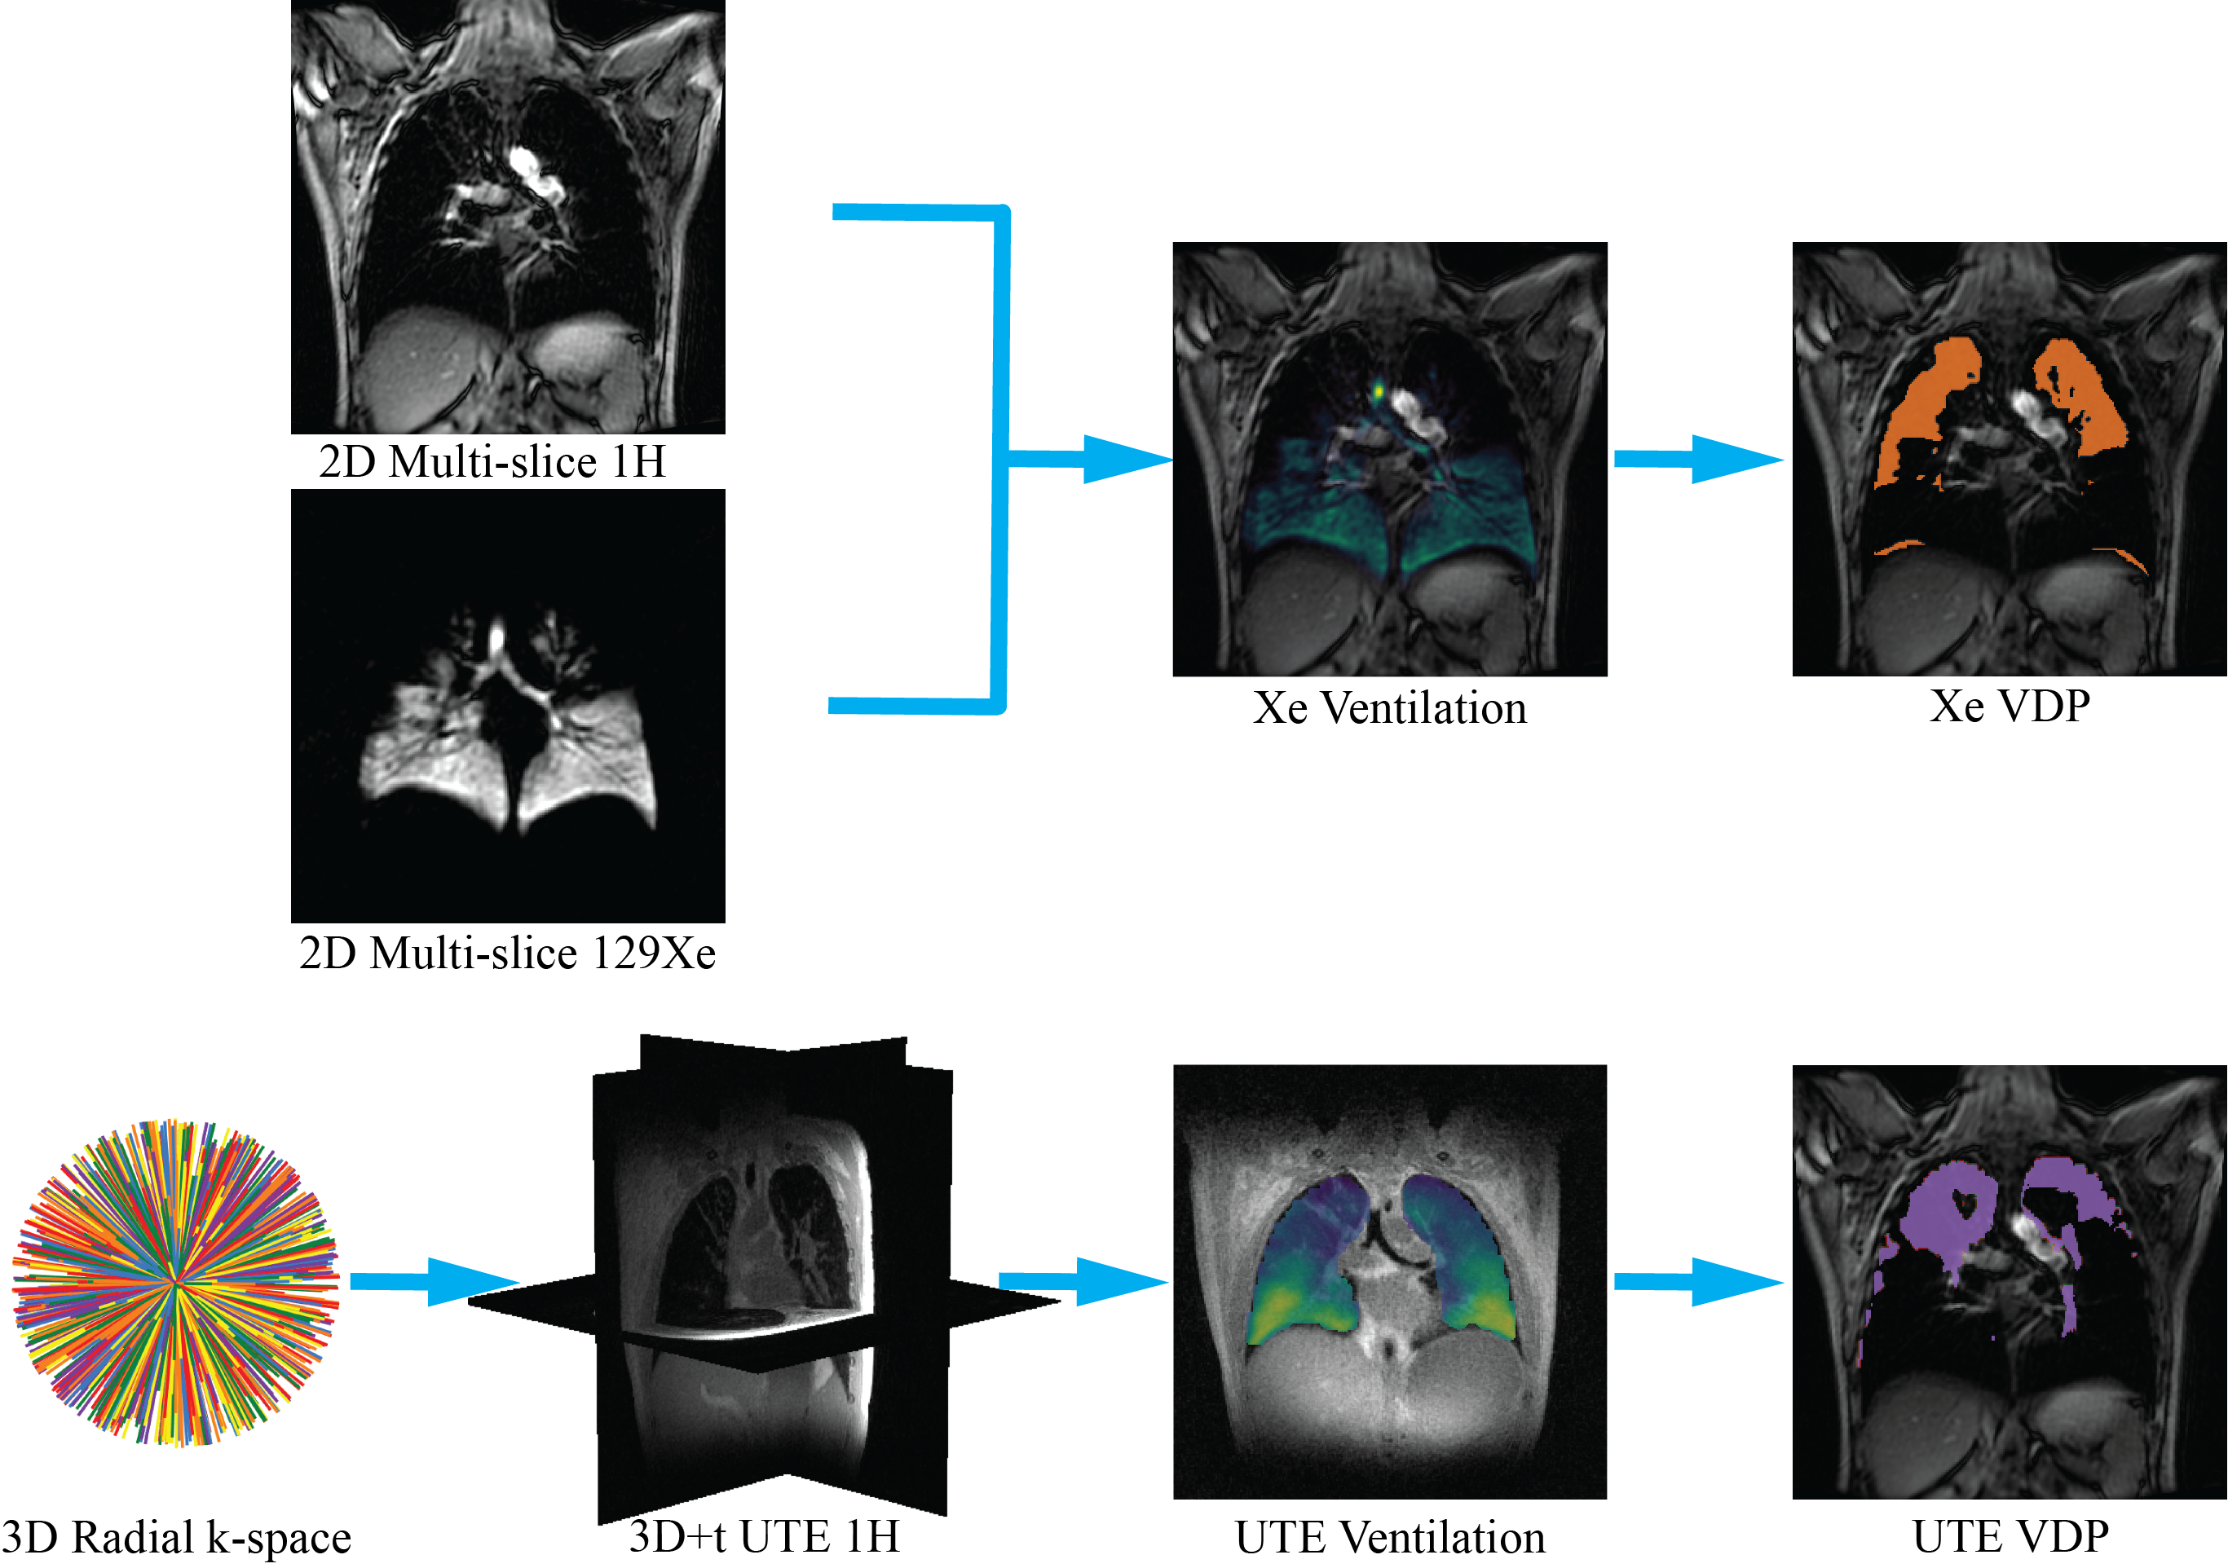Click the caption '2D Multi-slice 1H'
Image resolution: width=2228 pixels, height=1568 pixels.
(x=492, y=462)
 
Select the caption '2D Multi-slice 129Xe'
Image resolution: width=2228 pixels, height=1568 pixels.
(x=508, y=953)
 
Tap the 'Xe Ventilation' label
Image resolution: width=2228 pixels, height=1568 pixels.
(x=1390, y=708)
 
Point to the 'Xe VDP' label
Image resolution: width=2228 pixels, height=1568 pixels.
(x=2010, y=707)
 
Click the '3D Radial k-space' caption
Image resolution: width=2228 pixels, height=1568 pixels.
(x=177, y=1538)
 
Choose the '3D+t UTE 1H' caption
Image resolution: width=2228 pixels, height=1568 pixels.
(x=765, y=1536)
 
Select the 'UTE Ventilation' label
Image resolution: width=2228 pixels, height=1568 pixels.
(x=1390, y=1538)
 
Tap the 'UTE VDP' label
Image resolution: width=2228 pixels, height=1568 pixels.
(x=2010, y=1537)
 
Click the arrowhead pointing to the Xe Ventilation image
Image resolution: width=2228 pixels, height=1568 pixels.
(x=1126, y=459)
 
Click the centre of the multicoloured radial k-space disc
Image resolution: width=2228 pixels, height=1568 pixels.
(x=175, y=1283)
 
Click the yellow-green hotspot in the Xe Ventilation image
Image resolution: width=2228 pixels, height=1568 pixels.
(x=1378, y=393)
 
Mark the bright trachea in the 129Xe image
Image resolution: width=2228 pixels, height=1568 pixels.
(x=496, y=638)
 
